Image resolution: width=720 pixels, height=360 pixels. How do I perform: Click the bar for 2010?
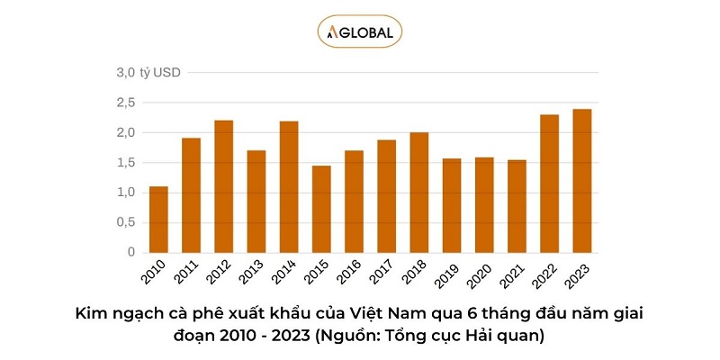pos(158,220)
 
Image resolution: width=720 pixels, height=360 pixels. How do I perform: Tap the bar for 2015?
pos(321,209)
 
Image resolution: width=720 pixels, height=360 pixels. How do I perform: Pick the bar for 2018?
pos(419,193)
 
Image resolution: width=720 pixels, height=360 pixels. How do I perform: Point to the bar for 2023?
pos(582,181)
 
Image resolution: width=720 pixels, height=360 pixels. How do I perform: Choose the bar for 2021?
pos(517,206)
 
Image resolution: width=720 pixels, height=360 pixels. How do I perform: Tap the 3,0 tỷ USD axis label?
pos(148,72)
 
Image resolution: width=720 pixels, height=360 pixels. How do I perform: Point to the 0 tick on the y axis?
pos(130,253)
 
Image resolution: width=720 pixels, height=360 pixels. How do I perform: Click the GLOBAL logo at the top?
pos(360,32)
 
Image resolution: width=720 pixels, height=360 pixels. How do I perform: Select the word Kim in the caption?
pos(92,314)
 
